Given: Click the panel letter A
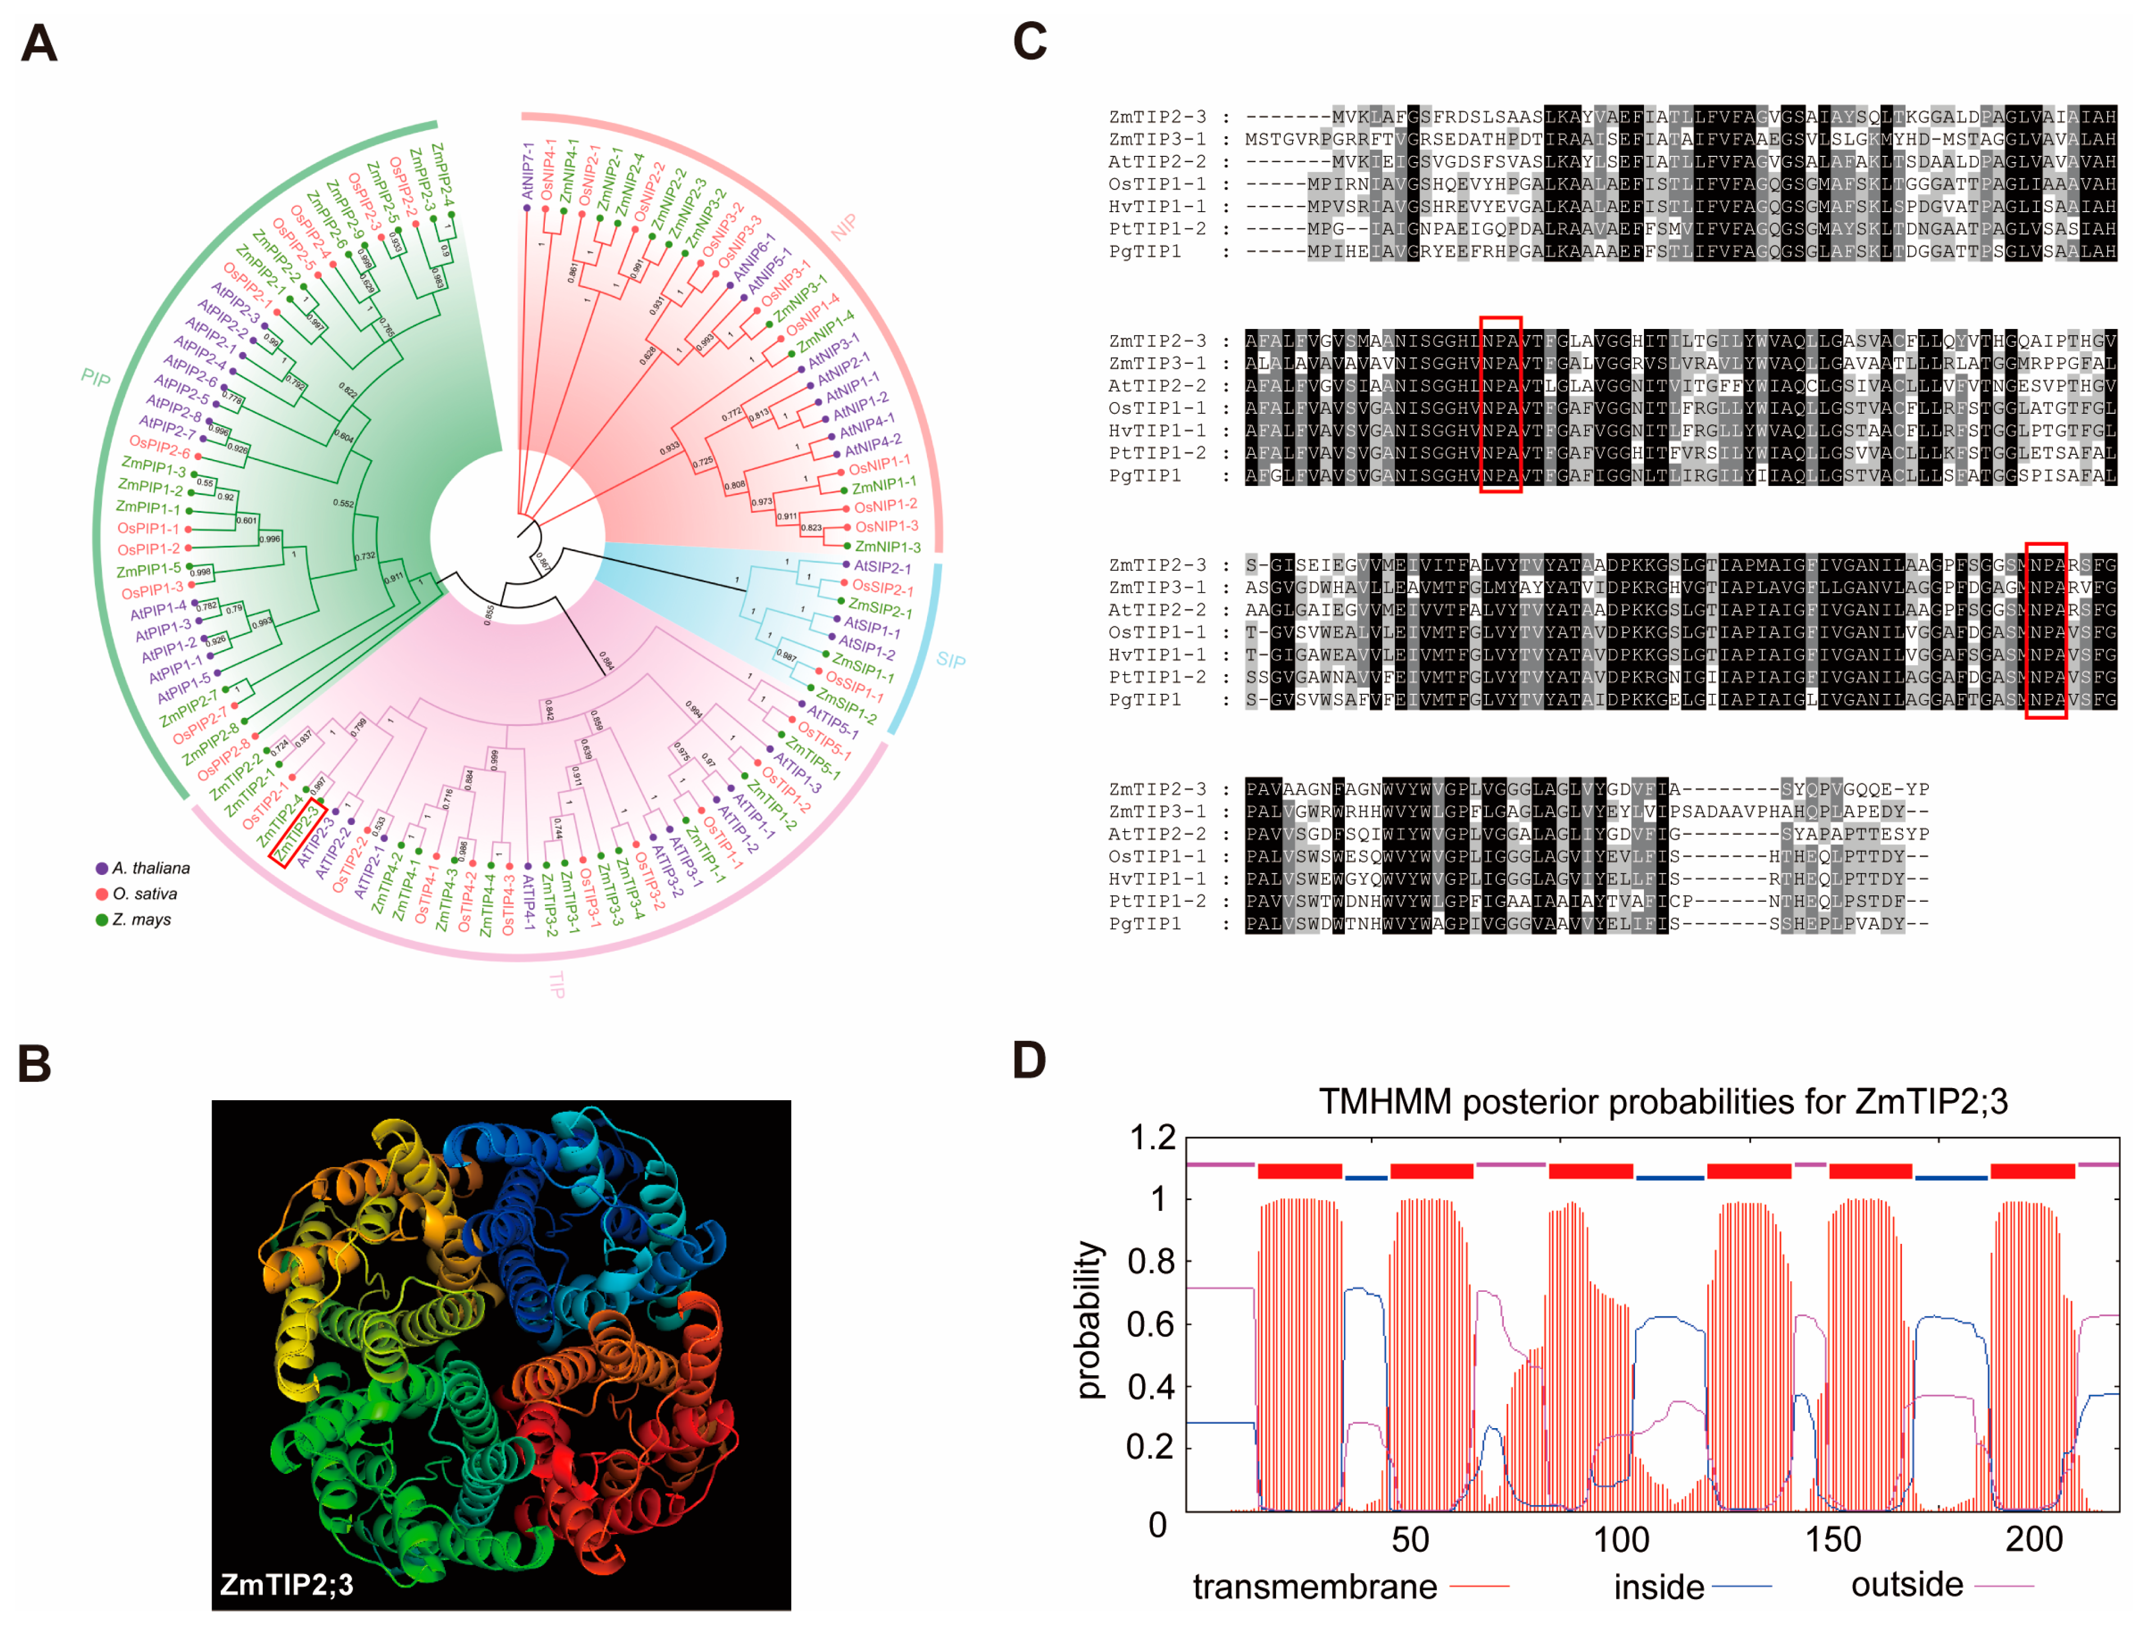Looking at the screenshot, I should point(39,44).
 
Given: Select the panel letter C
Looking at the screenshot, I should point(1030,42).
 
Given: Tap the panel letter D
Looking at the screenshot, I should point(1030,1060).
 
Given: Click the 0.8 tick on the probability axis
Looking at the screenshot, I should point(1150,1262).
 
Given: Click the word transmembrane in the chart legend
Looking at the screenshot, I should point(1314,1587).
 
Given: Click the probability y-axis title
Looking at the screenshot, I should point(1090,1321).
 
